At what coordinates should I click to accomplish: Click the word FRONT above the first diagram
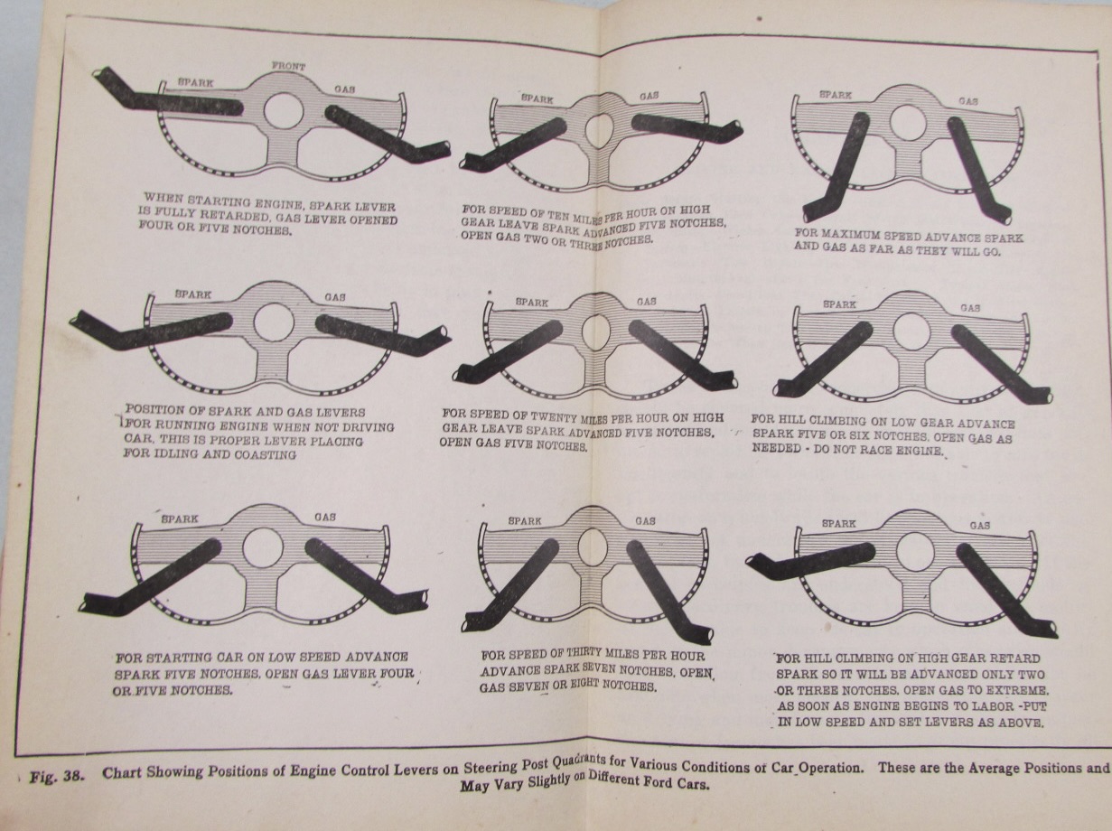(288, 66)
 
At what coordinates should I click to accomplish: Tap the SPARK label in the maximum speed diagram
(836, 95)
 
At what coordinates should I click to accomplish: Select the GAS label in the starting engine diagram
(344, 89)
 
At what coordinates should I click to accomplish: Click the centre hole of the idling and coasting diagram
(274, 323)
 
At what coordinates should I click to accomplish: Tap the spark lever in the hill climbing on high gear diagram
(810, 561)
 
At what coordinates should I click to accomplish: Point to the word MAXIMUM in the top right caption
(855, 236)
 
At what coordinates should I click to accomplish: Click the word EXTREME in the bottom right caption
(1014, 690)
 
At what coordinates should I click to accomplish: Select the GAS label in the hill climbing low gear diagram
(970, 307)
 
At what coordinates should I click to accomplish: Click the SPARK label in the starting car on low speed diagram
(180, 519)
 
